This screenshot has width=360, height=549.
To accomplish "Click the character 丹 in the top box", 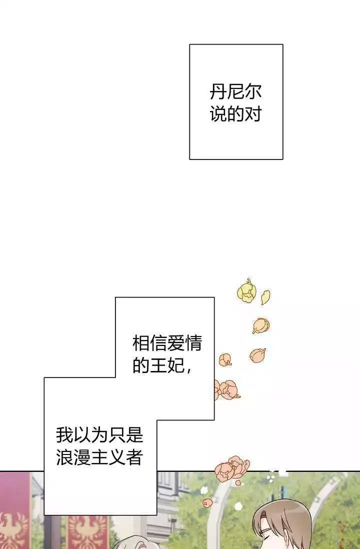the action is [218, 91].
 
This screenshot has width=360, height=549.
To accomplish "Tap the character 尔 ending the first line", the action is [253, 91].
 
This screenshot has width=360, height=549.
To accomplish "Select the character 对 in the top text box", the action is [253, 114].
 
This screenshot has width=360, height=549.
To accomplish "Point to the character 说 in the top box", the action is [218, 114].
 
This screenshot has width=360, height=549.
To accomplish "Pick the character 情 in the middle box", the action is [193, 343].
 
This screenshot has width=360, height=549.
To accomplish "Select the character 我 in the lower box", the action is [64, 435].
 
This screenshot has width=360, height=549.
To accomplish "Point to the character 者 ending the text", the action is [134, 457].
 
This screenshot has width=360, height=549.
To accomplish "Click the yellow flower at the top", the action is [246, 291].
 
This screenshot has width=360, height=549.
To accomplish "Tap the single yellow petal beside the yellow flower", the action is [265, 297].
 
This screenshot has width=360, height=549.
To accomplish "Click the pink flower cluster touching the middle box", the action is [227, 389].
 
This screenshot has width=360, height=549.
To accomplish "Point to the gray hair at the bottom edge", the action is [132, 545].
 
